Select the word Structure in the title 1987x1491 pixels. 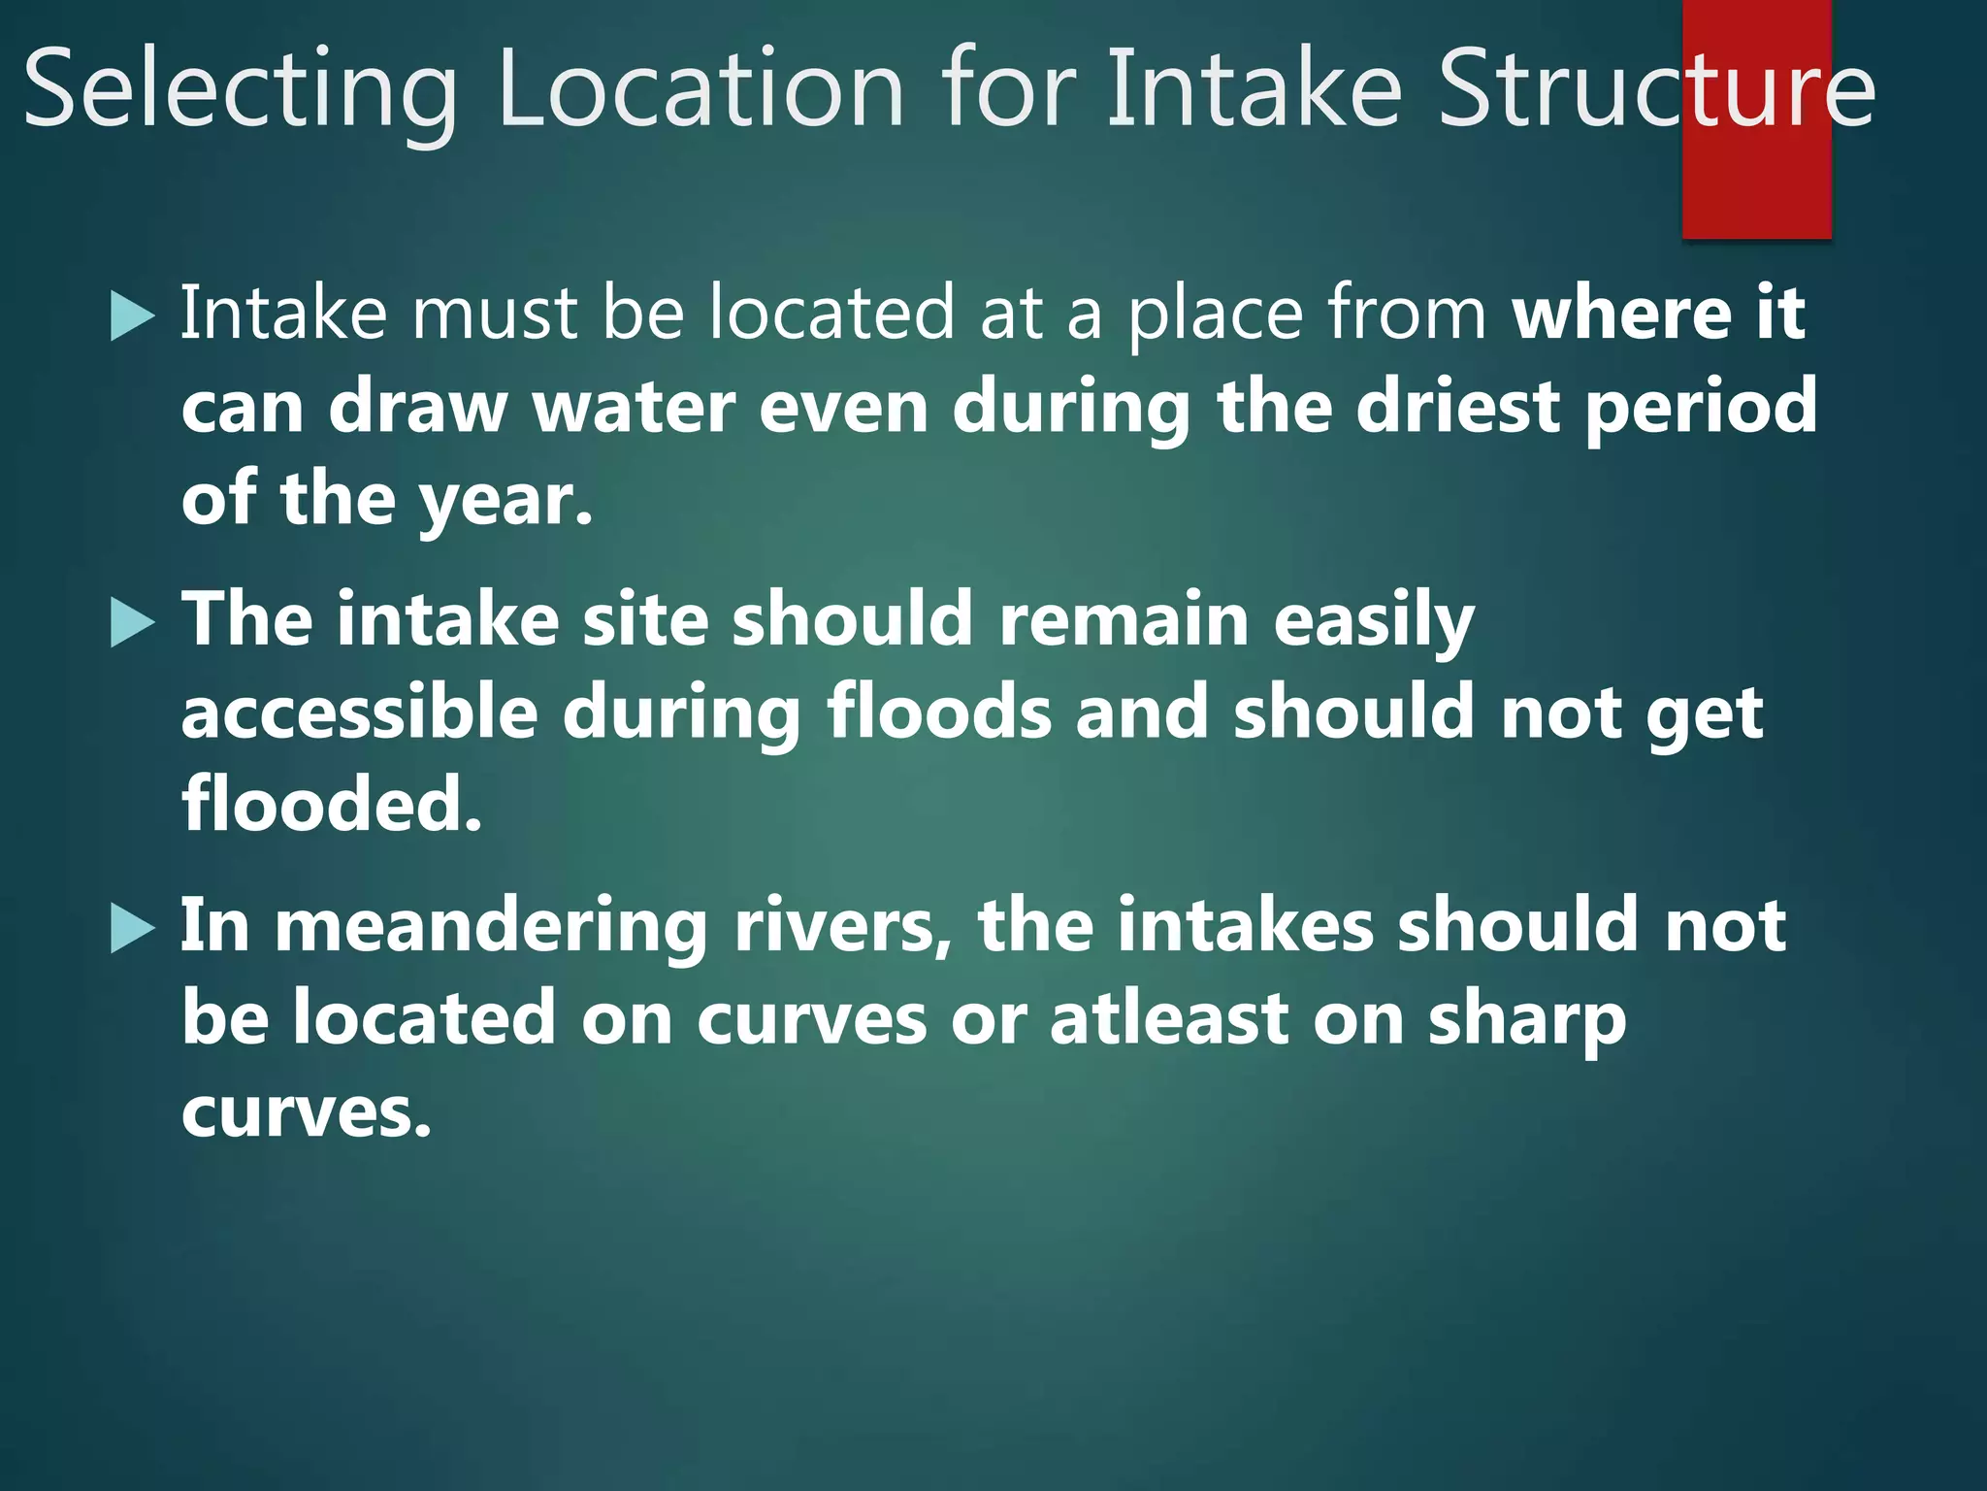1655,89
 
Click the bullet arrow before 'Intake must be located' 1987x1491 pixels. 133,316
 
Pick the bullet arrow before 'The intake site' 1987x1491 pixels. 133,622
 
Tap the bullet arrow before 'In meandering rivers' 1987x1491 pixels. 133,928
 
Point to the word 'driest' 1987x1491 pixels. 1457,407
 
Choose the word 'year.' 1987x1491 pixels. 505,502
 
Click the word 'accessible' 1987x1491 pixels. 359,712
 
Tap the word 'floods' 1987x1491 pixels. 938,712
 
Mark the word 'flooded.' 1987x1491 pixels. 332,805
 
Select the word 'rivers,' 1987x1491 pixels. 843,926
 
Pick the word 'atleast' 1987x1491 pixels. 1169,1019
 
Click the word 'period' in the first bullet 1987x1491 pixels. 1701,409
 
